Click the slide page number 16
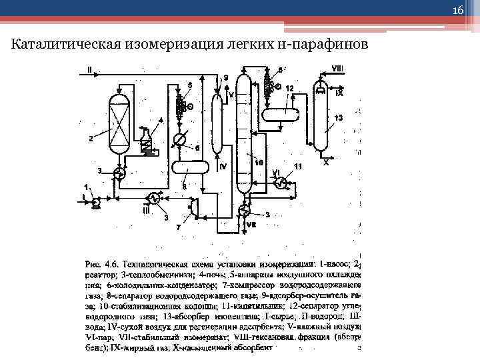coord(458,10)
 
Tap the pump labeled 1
coord(95,199)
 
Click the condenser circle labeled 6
coord(179,139)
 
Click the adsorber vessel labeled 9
coord(217,127)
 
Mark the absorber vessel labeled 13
coord(321,120)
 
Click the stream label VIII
coord(337,69)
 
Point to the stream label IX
coord(339,94)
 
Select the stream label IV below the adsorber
coord(223,166)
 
